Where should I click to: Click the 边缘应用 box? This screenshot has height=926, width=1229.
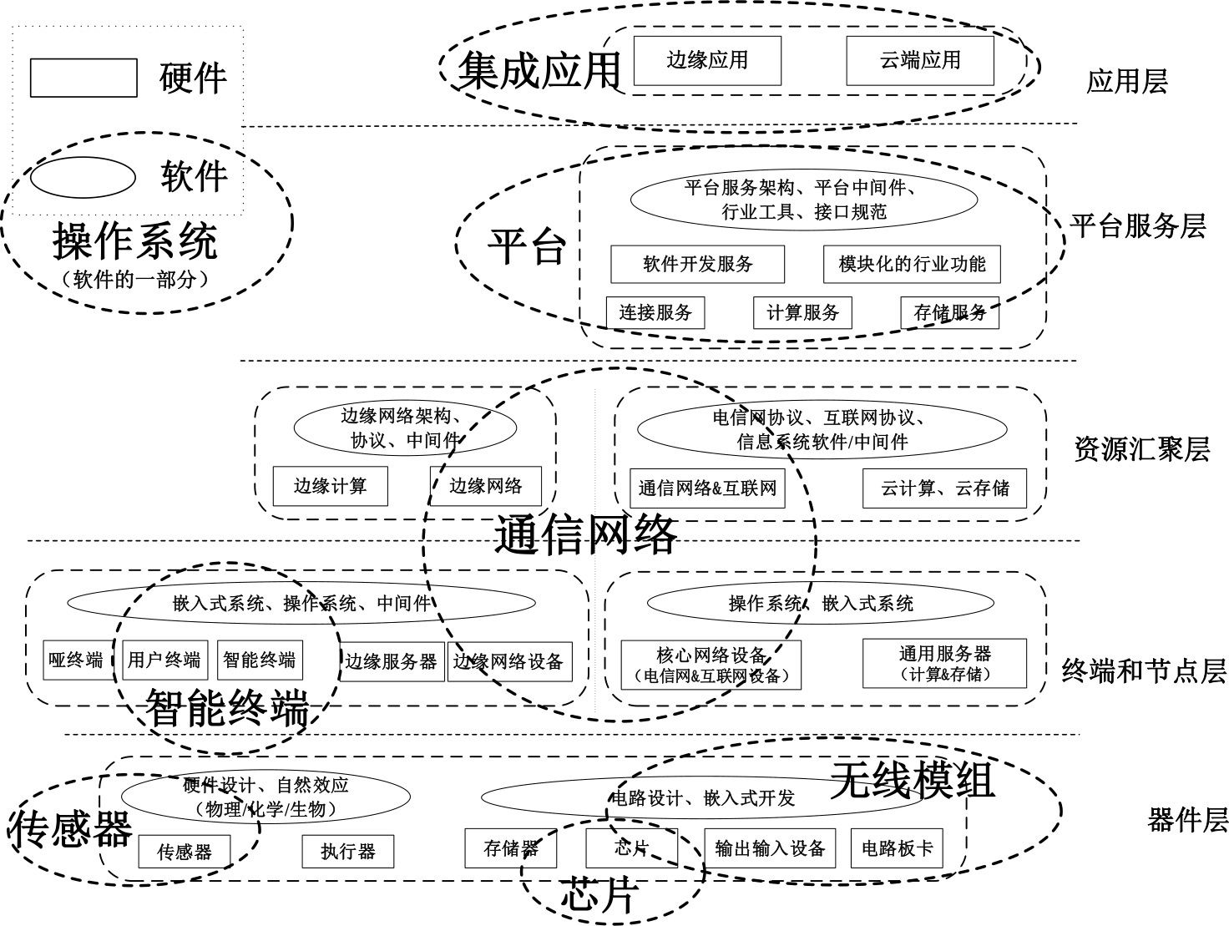[x=707, y=60]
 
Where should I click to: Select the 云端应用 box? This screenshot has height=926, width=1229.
[x=920, y=60]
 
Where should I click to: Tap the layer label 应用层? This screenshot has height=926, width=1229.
[x=1126, y=82]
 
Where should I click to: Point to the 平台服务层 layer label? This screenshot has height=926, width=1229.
[x=1138, y=225]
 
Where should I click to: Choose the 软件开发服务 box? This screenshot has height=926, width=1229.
[x=697, y=264]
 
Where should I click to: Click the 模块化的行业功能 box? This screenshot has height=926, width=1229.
[x=912, y=264]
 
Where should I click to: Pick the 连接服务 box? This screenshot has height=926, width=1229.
[x=655, y=313]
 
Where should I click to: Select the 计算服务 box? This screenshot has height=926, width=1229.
[x=802, y=313]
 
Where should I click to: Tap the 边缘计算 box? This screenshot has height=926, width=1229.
[x=330, y=486]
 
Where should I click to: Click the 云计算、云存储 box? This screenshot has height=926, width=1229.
[x=944, y=488]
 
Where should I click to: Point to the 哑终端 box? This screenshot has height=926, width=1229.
[x=76, y=660]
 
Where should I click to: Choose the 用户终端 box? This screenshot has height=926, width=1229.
[x=164, y=660]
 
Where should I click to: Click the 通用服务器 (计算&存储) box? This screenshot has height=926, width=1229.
[x=944, y=663]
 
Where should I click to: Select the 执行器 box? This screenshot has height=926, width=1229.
[x=347, y=852]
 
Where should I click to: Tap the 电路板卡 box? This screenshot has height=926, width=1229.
[x=897, y=849]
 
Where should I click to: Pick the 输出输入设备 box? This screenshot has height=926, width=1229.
[x=770, y=849]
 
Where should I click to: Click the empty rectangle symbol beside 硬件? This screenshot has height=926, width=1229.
[x=83, y=78]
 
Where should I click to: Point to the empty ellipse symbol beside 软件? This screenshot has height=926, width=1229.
[x=83, y=177]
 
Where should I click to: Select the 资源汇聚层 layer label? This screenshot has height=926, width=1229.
[x=1141, y=450]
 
